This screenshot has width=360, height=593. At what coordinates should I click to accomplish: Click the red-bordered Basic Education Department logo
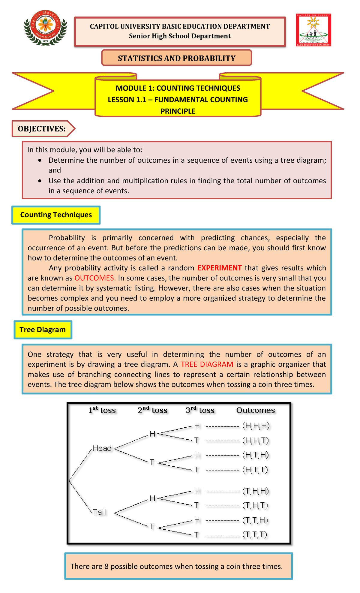click(313, 30)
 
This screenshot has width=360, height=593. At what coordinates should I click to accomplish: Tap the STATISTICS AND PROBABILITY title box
click(177, 58)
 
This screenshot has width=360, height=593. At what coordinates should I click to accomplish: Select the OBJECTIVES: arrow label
click(42, 129)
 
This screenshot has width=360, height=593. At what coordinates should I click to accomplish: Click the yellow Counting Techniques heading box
click(56, 215)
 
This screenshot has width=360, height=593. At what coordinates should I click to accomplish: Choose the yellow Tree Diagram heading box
click(43, 330)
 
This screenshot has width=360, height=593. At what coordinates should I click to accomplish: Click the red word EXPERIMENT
click(220, 268)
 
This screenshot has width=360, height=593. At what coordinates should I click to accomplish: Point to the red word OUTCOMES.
click(95, 278)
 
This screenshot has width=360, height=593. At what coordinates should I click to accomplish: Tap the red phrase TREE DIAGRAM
click(207, 364)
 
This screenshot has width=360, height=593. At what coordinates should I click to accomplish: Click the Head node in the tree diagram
click(102, 448)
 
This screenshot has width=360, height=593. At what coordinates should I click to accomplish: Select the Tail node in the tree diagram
click(99, 512)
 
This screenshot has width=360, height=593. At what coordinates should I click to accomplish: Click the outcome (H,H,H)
click(256, 426)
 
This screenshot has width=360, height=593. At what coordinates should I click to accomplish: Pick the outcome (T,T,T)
click(255, 534)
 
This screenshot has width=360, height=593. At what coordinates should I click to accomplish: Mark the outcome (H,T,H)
click(256, 455)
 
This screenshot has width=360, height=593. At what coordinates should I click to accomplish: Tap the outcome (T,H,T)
click(255, 505)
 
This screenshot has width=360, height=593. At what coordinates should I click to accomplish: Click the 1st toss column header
click(102, 410)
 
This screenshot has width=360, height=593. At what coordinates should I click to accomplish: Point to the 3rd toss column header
click(200, 410)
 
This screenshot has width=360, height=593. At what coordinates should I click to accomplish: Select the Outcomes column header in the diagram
click(255, 410)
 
